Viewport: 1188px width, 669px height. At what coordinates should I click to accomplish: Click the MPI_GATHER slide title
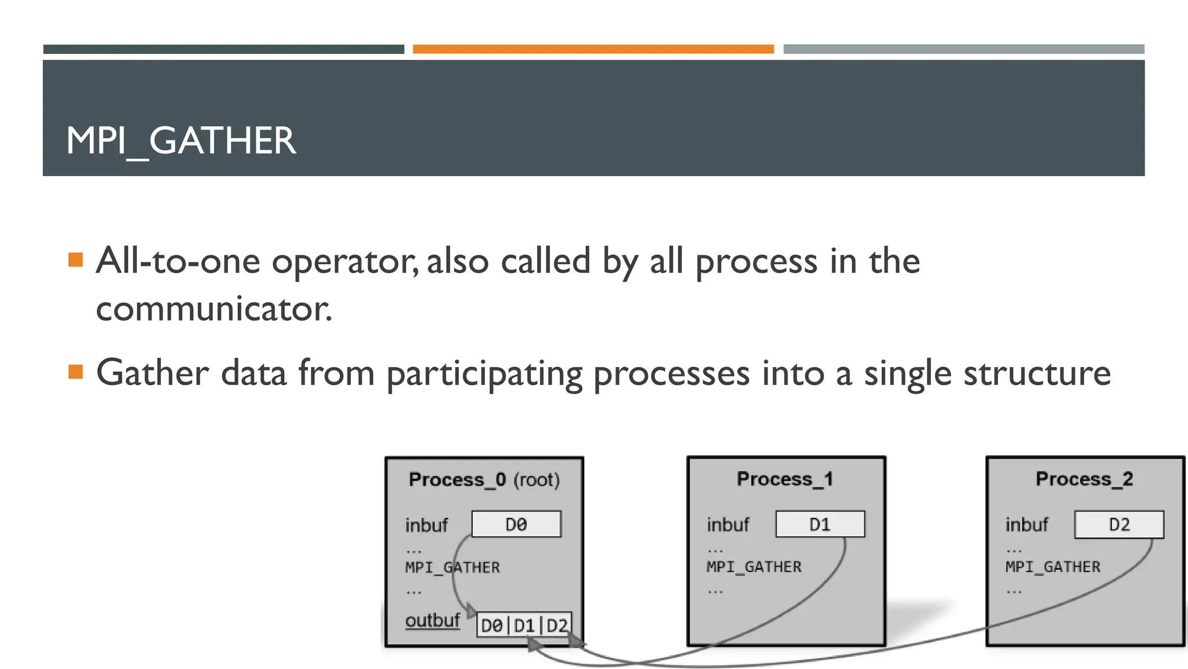coord(180,141)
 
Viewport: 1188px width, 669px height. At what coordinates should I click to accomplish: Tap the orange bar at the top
coord(593,49)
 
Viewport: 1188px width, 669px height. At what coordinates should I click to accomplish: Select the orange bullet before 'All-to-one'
coord(75,259)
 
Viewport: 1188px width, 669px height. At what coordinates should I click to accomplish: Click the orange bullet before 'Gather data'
coord(75,371)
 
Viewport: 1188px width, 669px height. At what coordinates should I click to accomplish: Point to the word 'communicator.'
coord(213,309)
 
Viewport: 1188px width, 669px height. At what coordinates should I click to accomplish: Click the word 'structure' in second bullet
coord(1037,373)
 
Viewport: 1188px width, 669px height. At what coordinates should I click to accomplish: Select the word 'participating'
coord(484,374)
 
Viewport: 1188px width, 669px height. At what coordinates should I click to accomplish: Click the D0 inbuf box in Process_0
coord(516,524)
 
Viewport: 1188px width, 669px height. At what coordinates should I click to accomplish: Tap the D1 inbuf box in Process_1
coord(820,524)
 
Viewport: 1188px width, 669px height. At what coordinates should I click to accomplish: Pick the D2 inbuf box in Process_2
coord(1119,524)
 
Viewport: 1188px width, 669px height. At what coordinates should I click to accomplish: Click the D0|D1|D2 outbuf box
coord(524,625)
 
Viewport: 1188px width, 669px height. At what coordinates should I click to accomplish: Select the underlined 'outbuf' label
coord(432,620)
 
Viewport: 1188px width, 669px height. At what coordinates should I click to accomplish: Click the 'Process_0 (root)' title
coord(484,480)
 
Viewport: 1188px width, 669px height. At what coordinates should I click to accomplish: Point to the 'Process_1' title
coord(785,479)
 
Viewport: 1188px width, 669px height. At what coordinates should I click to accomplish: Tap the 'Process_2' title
coord(1084,479)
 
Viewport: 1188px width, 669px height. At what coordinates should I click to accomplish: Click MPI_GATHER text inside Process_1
coord(754,567)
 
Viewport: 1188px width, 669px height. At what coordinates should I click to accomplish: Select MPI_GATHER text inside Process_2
coord(1052,567)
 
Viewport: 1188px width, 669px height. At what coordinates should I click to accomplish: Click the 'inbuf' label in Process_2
coord(1026,525)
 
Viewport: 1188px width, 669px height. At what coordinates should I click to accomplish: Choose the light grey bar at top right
coord(964,49)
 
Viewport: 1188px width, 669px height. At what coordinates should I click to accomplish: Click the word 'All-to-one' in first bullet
coord(178,261)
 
